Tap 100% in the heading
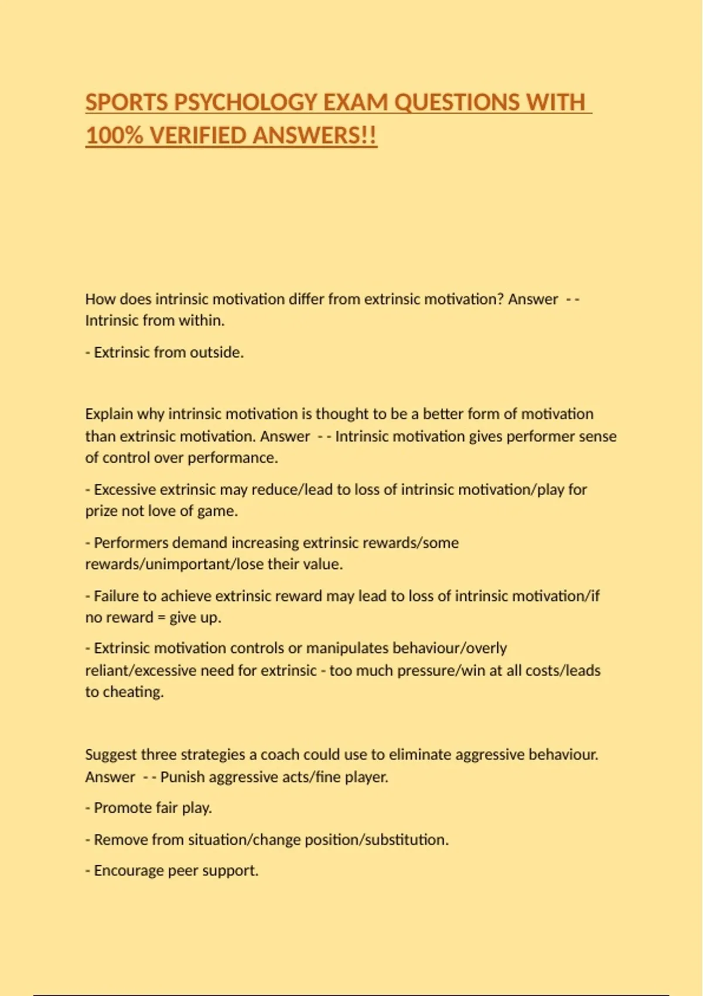pos(114,136)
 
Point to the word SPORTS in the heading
pos(127,103)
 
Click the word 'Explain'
pos(109,414)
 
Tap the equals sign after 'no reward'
pos(161,618)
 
